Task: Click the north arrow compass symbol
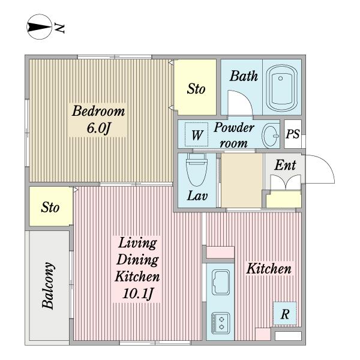coord(39,27)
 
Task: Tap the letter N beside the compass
coord(59,28)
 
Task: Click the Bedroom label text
coord(98,111)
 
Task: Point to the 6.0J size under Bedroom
coord(99,128)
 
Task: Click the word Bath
coord(244,76)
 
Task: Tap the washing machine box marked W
coord(197,134)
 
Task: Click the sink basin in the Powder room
coord(271,136)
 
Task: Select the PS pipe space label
coord(293,134)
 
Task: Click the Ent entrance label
coord(285,165)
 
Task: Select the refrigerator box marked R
coord(284,314)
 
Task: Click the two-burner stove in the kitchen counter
coord(220,323)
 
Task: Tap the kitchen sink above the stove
coord(221,282)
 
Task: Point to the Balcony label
coord(49,286)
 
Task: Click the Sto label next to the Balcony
coord(50,207)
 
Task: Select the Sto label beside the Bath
coord(196,89)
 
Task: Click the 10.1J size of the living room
coord(137,293)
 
